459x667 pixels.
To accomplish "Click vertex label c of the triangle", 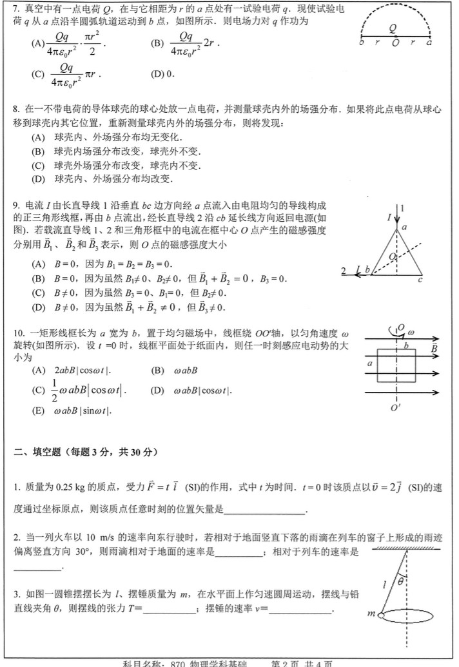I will (420, 279).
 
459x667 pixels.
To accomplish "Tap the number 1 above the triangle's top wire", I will (403, 208).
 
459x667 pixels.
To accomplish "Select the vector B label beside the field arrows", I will (435, 349).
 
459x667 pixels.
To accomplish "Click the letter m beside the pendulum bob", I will (371, 614).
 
